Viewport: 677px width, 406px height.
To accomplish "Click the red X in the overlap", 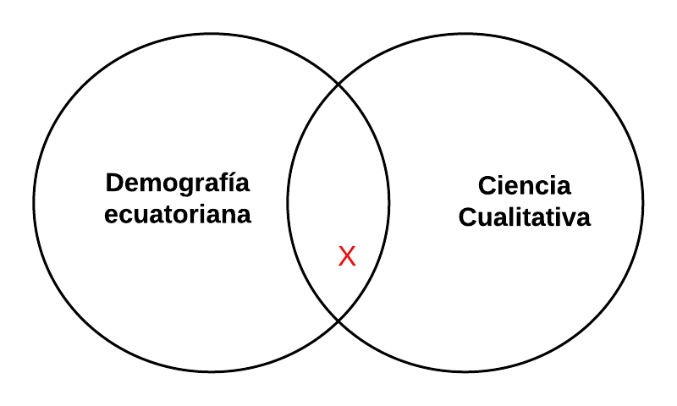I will point(347,257).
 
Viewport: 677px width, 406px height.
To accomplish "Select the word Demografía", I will point(178,183).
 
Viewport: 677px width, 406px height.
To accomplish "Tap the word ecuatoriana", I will point(178,214).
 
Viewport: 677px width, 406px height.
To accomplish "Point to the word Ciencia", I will point(525,186).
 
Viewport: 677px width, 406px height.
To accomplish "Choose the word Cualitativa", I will point(525,217).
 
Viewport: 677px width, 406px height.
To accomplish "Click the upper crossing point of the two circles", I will point(338,85).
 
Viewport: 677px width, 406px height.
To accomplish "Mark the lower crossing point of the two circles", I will point(338,321).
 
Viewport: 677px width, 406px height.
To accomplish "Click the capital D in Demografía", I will point(113,183).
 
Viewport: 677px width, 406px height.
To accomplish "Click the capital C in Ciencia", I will point(487,186).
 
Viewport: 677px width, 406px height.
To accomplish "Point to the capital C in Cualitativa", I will point(468,217).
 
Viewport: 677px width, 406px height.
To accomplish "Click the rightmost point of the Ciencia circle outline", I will point(643,203).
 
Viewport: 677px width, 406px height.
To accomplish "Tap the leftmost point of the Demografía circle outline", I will point(34,203).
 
